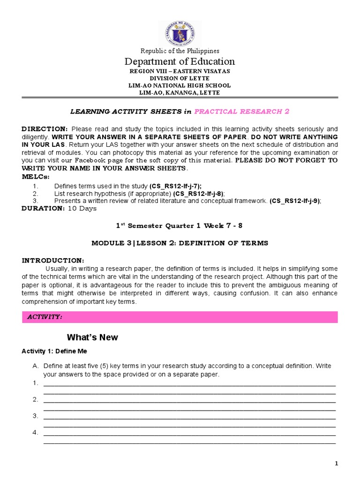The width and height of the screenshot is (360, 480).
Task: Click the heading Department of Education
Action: pyautogui.click(x=180, y=61)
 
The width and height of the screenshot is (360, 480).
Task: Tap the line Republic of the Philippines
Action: pyautogui.click(x=180, y=51)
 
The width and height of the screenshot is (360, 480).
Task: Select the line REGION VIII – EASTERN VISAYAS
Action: pyautogui.click(x=180, y=71)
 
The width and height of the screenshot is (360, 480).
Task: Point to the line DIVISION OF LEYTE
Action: pyautogui.click(x=180, y=78)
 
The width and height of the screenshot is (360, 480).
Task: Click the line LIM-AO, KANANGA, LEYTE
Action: pyautogui.click(x=180, y=93)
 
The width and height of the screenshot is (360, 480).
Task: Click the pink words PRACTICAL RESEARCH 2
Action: pyautogui.click(x=241, y=111)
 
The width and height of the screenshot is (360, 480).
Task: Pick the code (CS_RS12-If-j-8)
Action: pyautogui.click(x=198, y=194)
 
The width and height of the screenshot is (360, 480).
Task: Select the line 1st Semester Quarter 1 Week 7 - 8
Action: pyautogui.click(x=180, y=225)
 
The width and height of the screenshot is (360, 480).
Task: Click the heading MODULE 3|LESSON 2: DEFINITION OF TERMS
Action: pyautogui.click(x=180, y=243)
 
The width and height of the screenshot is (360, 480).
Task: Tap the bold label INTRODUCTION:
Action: pyautogui.click(x=53, y=260)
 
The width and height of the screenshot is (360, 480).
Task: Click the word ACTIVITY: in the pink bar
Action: pyautogui.click(x=45, y=317)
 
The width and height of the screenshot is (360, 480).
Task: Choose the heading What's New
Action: pyautogui.click(x=92, y=337)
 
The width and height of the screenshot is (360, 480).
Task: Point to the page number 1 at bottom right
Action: pyautogui.click(x=336, y=464)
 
